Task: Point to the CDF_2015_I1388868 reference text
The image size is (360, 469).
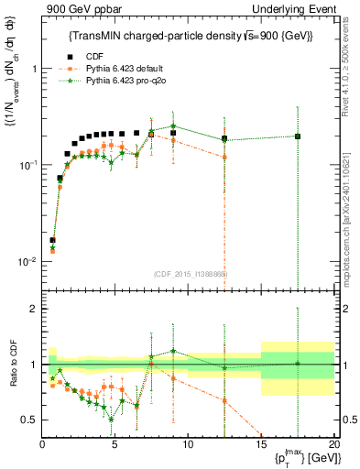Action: (191, 273)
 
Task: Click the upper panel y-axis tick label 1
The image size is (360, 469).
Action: (33, 69)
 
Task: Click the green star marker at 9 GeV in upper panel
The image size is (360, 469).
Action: (173, 126)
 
